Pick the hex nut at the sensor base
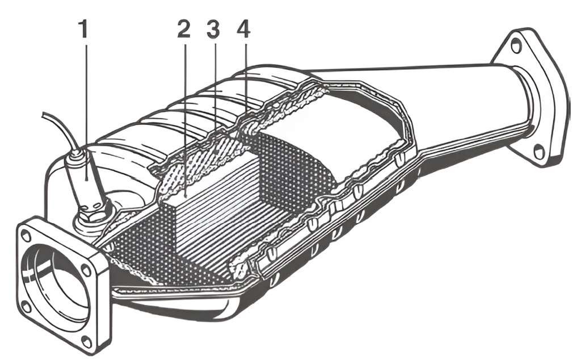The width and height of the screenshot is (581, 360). [x=91, y=215]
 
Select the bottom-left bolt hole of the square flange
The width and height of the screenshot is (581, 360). [x=25, y=307]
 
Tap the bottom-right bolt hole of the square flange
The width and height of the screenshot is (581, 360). [x=86, y=341]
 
